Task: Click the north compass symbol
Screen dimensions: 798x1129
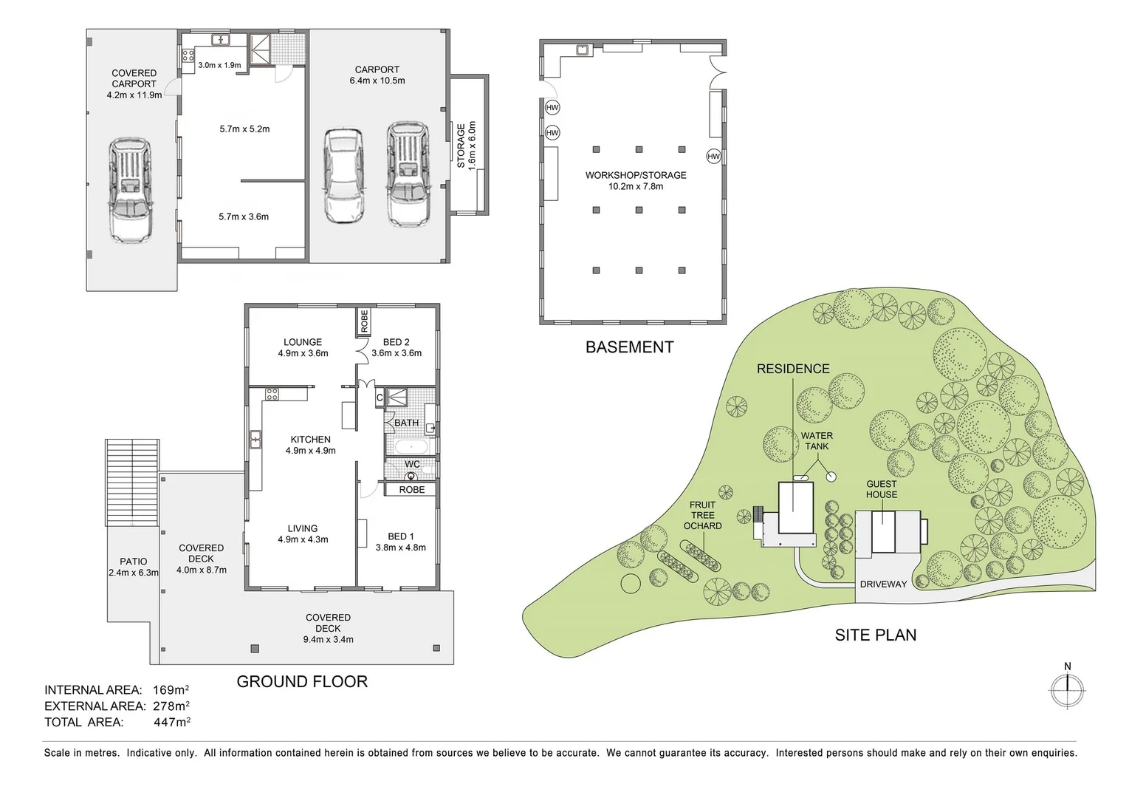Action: point(1067,692)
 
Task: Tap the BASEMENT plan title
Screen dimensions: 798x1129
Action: point(629,347)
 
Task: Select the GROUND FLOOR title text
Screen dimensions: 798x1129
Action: point(302,681)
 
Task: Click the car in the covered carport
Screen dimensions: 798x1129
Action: point(131,190)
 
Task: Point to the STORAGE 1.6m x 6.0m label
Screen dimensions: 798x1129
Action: point(466,146)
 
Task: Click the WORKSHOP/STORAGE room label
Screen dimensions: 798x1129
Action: point(636,180)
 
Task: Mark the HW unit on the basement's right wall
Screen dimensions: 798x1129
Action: point(713,157)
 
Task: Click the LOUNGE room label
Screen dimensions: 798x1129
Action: point(303,347)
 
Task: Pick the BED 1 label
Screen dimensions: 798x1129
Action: point(401,542)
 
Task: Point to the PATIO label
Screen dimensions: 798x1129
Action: point(134,567)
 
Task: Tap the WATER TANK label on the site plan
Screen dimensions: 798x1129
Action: point(817,441)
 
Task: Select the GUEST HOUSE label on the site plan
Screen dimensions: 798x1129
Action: point(882,489)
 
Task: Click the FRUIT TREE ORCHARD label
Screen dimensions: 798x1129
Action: point(702,515)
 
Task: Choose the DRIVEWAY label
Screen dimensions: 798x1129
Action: point(883,584)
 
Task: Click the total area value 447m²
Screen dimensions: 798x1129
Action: point(172,722)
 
